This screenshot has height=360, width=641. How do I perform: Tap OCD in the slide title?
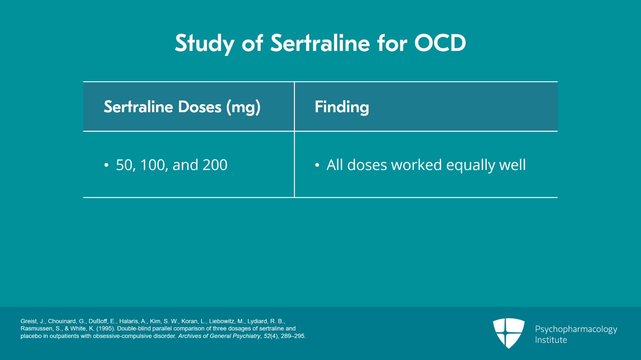click(x=440, y=43)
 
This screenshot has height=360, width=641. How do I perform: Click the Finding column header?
click(x=342, y=107)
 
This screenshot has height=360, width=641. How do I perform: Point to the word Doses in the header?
click(x=200, y=107)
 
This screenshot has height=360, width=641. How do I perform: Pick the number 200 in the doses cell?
click(x=215, y=165)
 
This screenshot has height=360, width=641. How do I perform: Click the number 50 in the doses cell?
click(x=125, y=165)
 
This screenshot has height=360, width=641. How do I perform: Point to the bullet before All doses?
click(x=317, y=165)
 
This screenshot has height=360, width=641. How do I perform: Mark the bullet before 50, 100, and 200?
click(x=106, y=165)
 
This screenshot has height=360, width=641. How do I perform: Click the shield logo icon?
click(x=508, y=333)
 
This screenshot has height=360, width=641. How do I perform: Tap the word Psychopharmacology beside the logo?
click(x=576, y=329)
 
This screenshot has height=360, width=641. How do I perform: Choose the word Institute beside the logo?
click(x=551, y=340)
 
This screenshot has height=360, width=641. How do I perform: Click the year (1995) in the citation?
click(x=106, y=329)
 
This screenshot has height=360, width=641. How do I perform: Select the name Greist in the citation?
click(x=29, y=321)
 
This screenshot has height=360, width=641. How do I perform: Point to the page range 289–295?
click(x=293, y=336)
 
